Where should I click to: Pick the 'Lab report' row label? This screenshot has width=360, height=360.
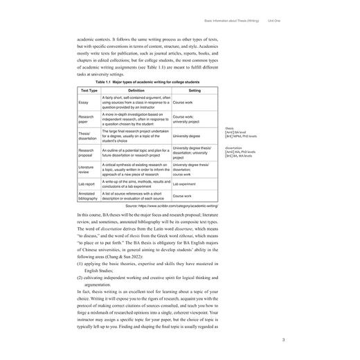(87, 184)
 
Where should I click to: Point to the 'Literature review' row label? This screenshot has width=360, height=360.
(86, 170)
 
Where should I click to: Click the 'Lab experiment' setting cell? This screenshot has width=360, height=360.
(184, 184)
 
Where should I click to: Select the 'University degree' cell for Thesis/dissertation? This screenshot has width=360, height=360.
(186, 136)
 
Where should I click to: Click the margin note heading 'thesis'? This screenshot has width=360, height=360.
(229, 129)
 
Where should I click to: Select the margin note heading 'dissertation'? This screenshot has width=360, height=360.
(233, 147)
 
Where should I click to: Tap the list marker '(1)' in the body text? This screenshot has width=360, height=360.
(80, 264)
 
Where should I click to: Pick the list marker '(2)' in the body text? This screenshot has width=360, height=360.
(80, 283)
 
